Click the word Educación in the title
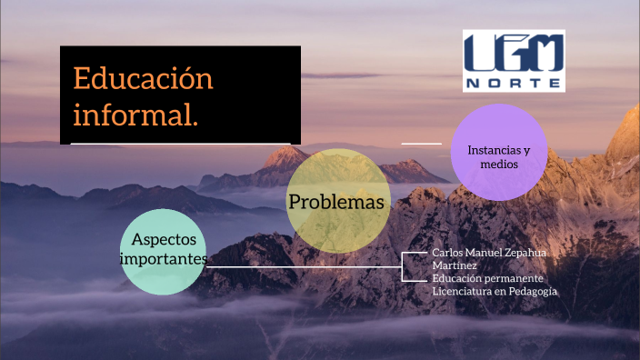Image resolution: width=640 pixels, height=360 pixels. pos(143,78)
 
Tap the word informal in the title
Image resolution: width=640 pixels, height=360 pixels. pos(134,115)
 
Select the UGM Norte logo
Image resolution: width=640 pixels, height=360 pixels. pos(514,60)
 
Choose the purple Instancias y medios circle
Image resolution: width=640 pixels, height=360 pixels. pos(498,152)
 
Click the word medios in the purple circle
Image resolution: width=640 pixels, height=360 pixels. pos(500,165)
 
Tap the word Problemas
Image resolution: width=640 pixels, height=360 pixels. pos(336,202)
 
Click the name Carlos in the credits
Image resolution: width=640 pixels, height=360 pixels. pos(450,252)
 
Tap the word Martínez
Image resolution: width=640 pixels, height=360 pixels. pos(453,265)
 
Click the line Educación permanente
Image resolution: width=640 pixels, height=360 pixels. pos(487,277)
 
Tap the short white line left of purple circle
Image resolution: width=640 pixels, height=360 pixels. pos(421,143)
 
